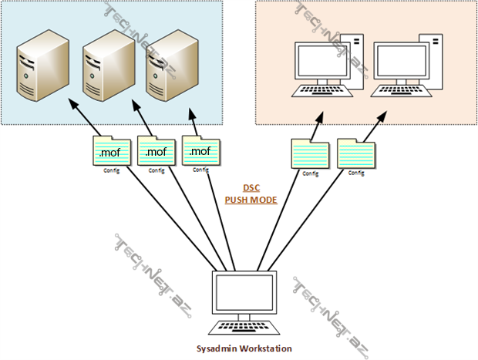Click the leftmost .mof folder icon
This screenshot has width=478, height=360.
[x=110, y=150]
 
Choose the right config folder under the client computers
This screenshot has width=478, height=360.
[x=357, y=153]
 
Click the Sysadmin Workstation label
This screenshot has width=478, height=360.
[x=244, y=348]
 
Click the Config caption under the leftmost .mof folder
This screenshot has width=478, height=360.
[x=111, y=170]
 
